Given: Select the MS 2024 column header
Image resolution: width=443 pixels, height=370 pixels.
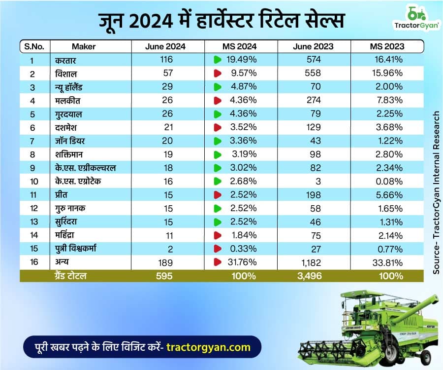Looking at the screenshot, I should [239, 47].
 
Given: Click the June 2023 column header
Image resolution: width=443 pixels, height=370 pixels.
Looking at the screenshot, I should [313, 47].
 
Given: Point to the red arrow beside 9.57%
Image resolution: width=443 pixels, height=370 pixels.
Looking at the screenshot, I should [217, 73].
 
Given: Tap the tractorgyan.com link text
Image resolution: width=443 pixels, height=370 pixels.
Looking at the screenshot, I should [208, 347].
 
